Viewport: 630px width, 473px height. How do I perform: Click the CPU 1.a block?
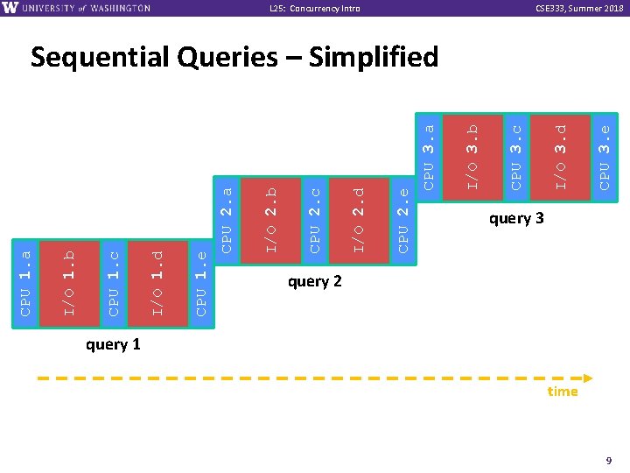pos(26,283)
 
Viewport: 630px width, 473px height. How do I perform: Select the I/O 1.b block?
pos(70,283)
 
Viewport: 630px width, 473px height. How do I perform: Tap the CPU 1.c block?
pos(114,283)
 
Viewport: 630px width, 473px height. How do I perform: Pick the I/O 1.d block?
pos(157,283)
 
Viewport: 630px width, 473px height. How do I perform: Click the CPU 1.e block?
pos(201,283)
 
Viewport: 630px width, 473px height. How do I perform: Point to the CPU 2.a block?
pos(227,219)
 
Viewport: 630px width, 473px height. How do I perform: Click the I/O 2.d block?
pos(358,219)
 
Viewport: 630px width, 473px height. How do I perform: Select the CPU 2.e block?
pos(402,219)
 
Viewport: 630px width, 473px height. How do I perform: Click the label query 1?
pos(113,344)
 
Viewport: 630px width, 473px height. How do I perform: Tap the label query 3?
pos(516,218)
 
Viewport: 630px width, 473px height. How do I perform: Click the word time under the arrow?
pos(563,392)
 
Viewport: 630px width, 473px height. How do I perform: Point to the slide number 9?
pos(607,459)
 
